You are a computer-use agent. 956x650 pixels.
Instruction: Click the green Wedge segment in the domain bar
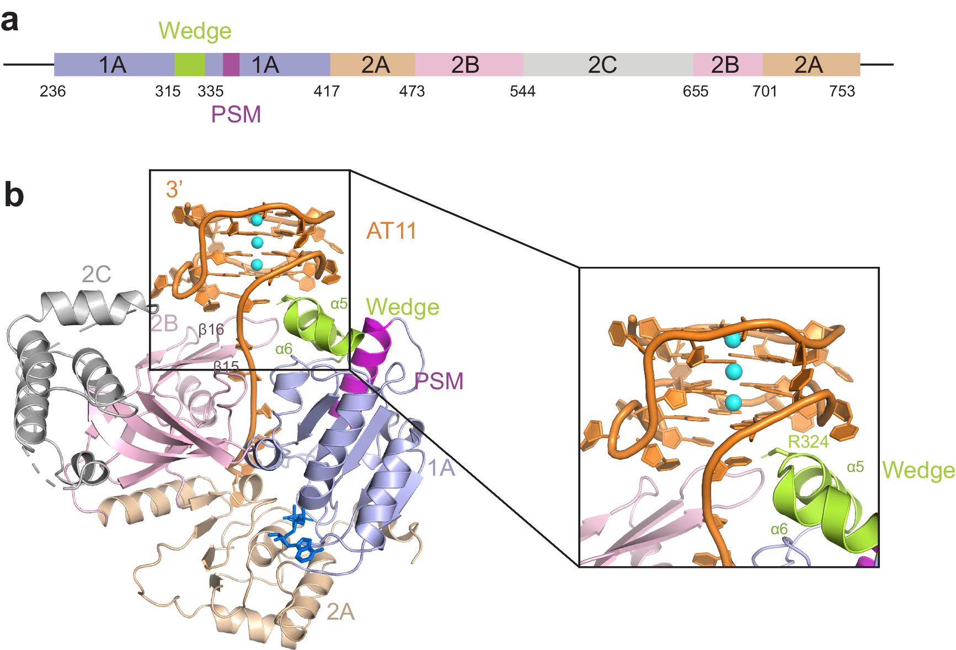point(189,65)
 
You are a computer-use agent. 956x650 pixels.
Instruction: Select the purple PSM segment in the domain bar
point(231,65)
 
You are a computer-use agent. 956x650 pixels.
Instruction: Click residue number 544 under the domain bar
point(522,91)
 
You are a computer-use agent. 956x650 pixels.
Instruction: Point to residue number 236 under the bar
point(52,91)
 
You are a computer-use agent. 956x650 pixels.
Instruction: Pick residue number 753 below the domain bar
point(842,91)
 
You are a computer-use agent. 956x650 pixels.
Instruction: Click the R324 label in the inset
point(808,442)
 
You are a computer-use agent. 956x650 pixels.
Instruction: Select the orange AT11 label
point(391,231)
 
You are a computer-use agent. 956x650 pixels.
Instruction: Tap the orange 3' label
point(174,190)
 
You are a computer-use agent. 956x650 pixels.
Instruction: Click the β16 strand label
point(211,330)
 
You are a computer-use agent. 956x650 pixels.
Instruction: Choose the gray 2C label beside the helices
point(96,274)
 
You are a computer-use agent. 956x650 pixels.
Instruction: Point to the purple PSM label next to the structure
point(439,381)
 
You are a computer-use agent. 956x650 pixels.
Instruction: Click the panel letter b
point(14,195)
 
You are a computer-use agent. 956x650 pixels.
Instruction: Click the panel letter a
point(9,20)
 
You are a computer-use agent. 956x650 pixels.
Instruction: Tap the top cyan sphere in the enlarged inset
point(733,340)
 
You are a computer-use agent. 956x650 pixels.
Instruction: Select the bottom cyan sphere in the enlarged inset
point(733,403)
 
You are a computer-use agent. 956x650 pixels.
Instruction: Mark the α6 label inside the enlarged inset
point(779,529)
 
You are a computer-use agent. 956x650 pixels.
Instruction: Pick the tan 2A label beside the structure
point(340,611)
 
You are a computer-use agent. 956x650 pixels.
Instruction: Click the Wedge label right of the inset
point(918,470)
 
